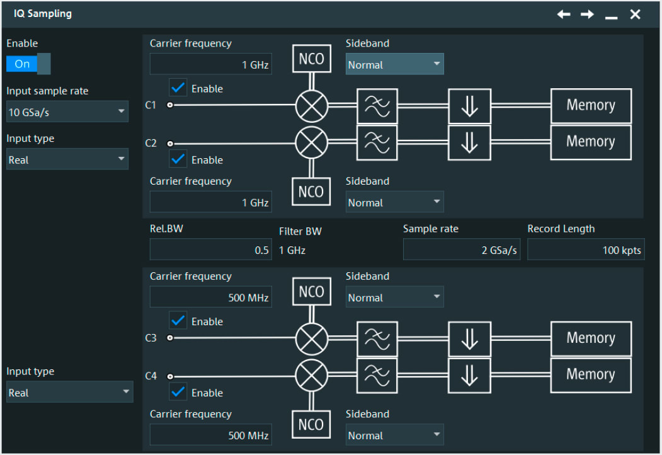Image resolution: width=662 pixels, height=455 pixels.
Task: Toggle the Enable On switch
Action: coord(28,64)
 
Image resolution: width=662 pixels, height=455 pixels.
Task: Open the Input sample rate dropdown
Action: coord(67,112)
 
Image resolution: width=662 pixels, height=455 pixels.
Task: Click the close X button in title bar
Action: coord(635,14)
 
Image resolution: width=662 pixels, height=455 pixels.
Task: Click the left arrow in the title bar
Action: coord(563,14)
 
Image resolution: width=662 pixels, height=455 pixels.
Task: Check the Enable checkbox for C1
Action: coord(179,88)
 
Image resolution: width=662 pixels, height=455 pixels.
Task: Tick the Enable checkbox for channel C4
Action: coord(179,392)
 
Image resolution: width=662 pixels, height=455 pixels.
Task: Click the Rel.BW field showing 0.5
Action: coord(210,250)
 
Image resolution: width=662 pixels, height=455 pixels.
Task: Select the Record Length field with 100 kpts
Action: coord(586,250)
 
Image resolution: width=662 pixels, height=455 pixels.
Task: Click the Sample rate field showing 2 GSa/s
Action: coord(461,250)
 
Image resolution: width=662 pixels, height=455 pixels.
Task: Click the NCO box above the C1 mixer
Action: coord(311,59)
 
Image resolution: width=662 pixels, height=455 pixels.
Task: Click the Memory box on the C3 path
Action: coord(590,338)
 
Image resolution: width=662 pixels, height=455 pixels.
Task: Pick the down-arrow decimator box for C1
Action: coord(469,106)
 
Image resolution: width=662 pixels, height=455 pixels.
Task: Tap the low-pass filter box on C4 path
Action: coord(377,375)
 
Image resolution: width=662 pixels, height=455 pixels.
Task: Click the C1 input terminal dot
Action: coord(169,105)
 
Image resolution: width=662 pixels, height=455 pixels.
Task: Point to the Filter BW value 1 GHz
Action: coord(292,250)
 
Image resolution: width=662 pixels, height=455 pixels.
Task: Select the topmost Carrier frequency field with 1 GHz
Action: coord(210,65)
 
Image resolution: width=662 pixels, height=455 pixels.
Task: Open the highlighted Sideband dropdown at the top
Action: coord(394,65)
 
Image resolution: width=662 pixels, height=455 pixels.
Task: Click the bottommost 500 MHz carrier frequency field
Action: coord(210,435)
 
